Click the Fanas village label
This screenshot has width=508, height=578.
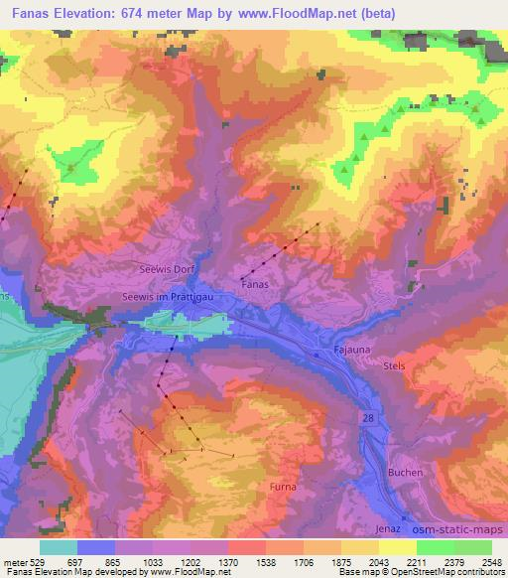pos(256,283)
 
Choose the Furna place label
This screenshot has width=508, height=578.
pos(283,487)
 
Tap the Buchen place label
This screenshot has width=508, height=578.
pos(406,472)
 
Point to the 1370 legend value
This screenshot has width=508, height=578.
pos(227,562)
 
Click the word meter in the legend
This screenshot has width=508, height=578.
pos(14,562)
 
